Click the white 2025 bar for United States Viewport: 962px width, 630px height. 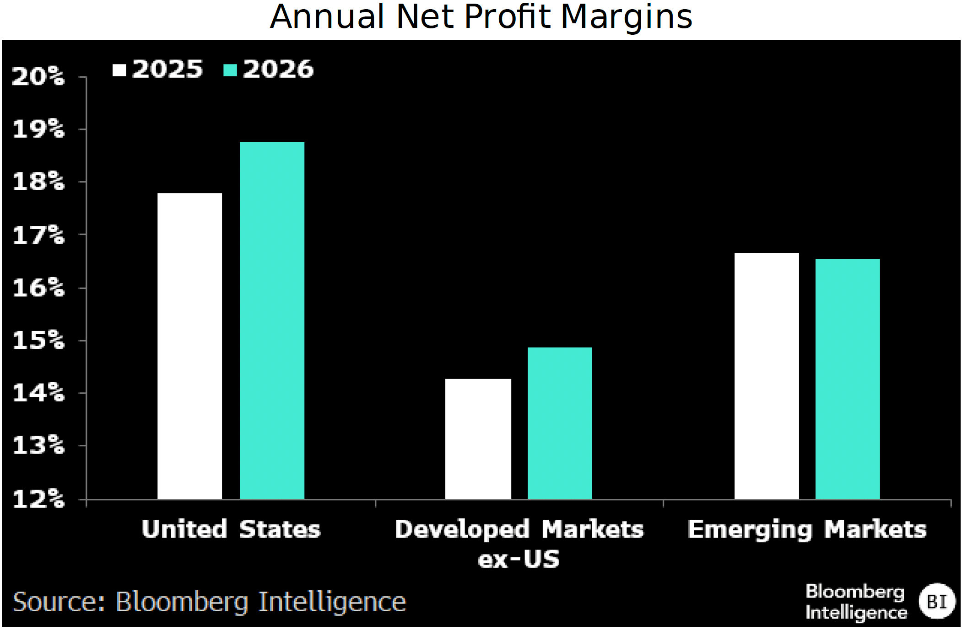[x=189, y=346]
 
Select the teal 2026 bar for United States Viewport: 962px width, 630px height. [x=272, y=320]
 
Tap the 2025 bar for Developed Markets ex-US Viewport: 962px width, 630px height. [x=478, y=439]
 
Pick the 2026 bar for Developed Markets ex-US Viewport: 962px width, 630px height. [x=560, y=423]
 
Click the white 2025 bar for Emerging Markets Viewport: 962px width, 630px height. [x=767, y=376]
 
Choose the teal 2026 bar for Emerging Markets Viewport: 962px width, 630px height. [x=848, y=379]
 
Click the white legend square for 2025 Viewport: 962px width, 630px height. [x=119, y=70]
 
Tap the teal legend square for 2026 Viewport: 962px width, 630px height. [x=230, y=70]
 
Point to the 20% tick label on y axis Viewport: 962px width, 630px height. [x=38, y=76]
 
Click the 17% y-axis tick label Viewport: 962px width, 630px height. [x=38, y=235]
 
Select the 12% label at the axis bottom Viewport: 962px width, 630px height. [x=38, y=499]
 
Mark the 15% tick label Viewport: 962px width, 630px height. [x=38, y=340]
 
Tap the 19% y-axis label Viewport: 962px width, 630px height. [x=38, y=129]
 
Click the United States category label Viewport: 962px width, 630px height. [x=231, y=529]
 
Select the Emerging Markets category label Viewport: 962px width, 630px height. [x=807, y=529]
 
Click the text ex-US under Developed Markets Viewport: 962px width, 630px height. [x=519, y=559]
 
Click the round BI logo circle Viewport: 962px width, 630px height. [x=936, y=601]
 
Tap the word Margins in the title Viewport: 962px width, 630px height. [x=626, y=17]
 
